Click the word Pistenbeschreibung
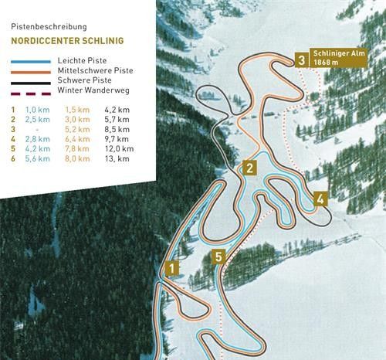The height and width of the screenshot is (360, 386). click(44, 25)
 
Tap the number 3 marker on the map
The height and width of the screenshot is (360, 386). click(300, 58)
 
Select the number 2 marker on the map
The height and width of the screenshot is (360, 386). click(249, 168)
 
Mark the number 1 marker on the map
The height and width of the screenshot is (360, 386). click(171, 269)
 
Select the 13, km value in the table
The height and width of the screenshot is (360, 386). click(116, 158)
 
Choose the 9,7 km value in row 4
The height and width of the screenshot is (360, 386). click(117, 139)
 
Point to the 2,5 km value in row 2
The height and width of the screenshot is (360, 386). click(37, 120)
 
